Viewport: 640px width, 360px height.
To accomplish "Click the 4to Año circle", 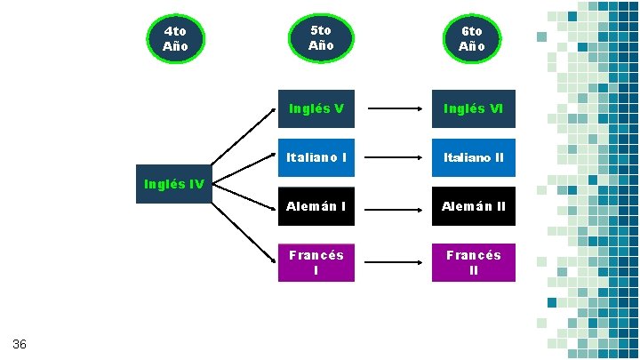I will coord(176,38).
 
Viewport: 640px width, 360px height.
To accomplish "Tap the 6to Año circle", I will coord(472,38).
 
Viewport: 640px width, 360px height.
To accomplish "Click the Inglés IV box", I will coord(174,185).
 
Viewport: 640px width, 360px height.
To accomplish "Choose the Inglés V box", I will coord(316,109).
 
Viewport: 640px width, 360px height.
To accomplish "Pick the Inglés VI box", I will coord(473,109).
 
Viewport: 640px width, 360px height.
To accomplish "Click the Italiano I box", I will coord(316,158).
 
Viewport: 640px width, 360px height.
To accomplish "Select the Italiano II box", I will coord(473,158).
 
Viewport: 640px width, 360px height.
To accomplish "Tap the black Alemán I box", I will coord(316,206).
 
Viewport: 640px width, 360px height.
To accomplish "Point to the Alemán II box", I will coord(473,206).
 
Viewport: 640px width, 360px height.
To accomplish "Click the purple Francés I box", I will coord(316,262).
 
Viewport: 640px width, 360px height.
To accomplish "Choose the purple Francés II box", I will coord(473,262).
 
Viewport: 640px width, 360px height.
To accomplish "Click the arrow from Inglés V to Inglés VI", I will coord(395,109).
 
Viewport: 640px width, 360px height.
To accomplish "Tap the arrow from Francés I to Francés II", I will coord(395,262).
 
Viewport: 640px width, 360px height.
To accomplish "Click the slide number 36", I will coord(20,344).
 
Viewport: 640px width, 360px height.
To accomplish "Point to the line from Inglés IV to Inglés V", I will coord(244,140).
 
